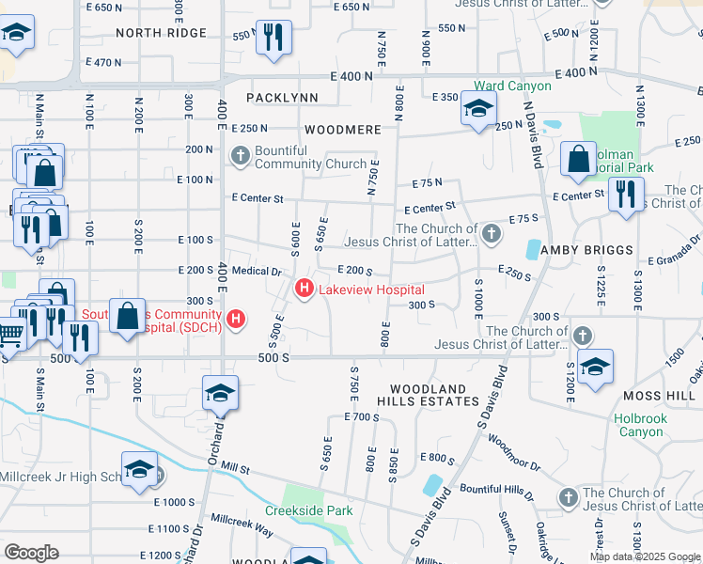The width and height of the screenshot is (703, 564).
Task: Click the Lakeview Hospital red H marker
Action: tap(305, 289)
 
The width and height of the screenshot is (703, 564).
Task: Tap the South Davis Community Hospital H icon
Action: tap(237, 320)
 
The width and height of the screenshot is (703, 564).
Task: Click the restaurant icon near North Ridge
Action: tap(273, 38)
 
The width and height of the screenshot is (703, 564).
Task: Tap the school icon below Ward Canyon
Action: tap(478, 109)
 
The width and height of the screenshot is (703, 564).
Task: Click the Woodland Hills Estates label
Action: tap(428, 395)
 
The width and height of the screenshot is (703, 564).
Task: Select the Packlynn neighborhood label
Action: tap(282, 98)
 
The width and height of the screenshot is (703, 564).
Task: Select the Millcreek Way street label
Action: tap(242, 525)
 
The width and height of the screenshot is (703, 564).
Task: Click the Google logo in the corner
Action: tap(31, 553)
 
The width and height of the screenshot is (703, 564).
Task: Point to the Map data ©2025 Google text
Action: tap(645, 556)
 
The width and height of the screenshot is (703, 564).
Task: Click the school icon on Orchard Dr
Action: tap(220, 394)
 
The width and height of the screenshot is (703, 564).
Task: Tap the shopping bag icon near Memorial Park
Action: tap(578, 160)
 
